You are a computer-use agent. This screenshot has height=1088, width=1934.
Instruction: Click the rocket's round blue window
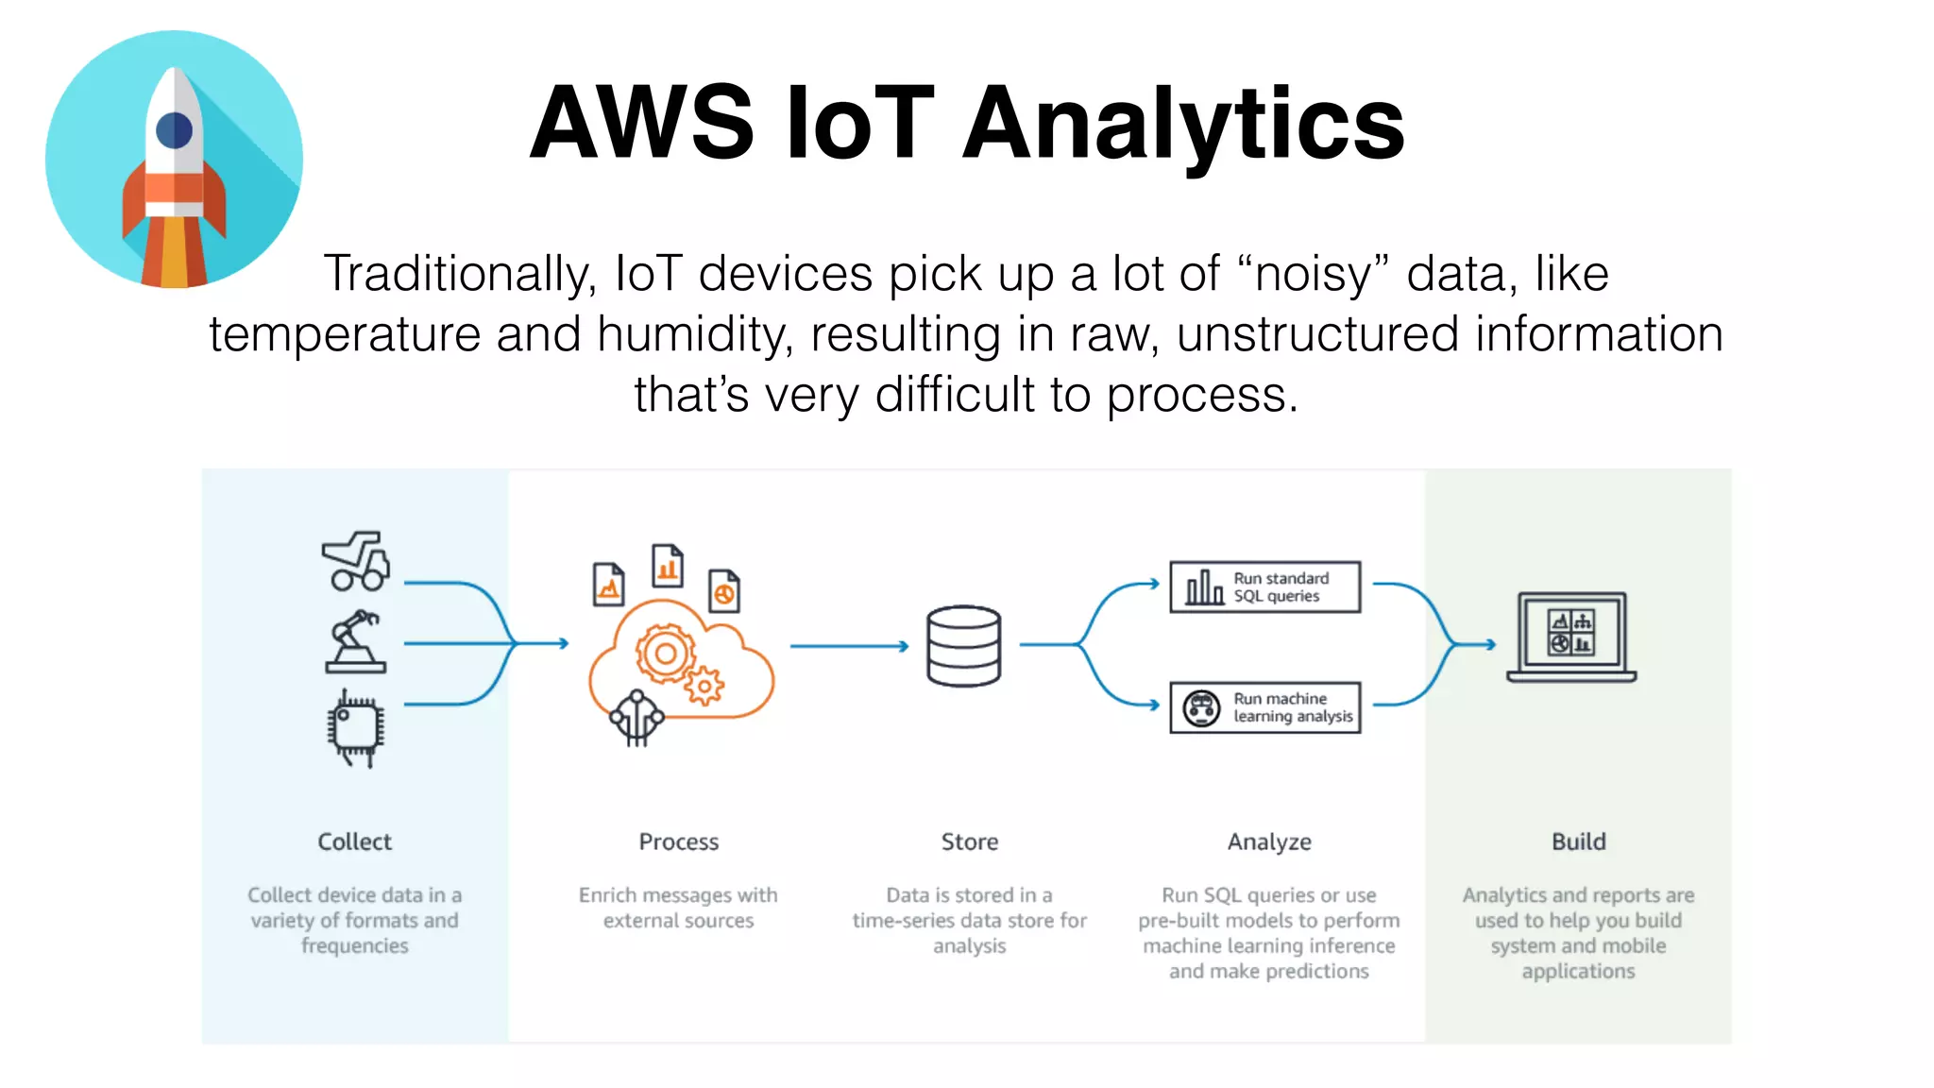click(x=175, y=130)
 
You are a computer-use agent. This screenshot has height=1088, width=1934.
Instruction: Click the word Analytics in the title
click(x=1183, y=123)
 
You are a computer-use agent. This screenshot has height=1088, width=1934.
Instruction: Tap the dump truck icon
click(x=355, y=561)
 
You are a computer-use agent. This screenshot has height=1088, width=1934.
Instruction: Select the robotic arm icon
click(x=355, y=642)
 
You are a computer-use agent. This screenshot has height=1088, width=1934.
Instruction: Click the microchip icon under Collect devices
click(x=355, y=727)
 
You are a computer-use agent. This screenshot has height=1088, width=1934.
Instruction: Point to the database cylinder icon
click(x=963, y=646)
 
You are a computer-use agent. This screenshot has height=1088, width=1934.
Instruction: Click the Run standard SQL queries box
click(x=1265, y=586)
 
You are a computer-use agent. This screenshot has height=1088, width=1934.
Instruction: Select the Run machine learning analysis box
click(x=1265, y=707)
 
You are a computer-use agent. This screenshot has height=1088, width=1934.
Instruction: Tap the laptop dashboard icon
click(x=1571, y=637)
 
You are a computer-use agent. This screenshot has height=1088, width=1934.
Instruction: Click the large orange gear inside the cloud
click(x=665, y=654)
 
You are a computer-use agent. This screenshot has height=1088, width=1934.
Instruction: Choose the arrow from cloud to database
click(x=848, y=646)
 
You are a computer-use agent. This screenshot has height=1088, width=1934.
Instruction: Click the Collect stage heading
click(x=354, y=841)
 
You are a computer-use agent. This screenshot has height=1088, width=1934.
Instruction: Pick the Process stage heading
click(x=678, y=841)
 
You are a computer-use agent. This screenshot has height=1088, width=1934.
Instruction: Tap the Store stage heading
click(x=969, y=841)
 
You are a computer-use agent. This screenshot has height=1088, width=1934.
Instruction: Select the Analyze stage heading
click(x=1269, y=841)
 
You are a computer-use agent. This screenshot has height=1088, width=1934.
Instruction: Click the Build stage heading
click(x=1578, y=841)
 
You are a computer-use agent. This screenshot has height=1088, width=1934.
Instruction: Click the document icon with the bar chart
click(x=668, y=566)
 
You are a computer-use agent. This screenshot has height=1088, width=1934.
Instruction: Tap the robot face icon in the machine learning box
click(x=1201, y=708)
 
